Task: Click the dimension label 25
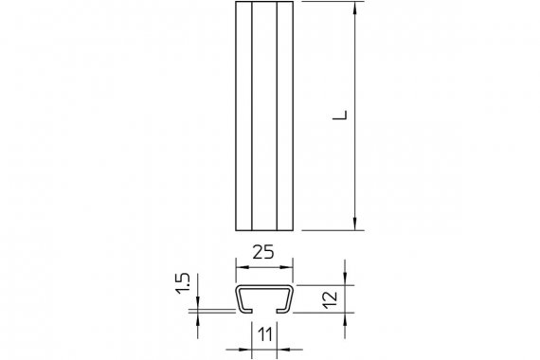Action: pos(263,252)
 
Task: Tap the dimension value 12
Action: pos(331,299)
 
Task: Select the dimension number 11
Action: pos(265,334)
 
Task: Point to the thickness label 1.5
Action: pos(183,283)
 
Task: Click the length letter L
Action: pos(340,115)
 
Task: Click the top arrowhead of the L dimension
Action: pos(354,9)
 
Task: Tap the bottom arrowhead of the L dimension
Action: pos(354,224)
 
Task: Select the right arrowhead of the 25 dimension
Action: pos(286,267)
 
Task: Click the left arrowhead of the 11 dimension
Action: pos(245,350)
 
